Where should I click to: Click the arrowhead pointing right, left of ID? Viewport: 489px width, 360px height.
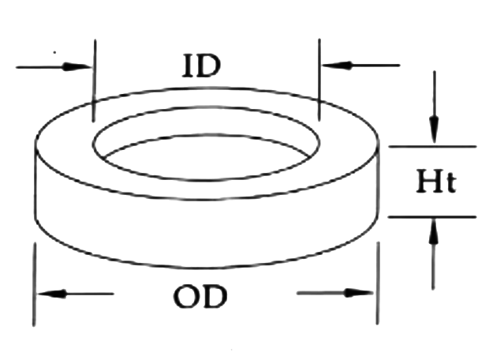(x=84, y=66)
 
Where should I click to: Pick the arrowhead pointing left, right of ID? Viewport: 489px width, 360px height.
(x=330, y=65)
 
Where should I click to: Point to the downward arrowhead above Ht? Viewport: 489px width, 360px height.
(x=433, y=133)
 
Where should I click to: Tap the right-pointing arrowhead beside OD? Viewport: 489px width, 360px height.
(x=364, y=294)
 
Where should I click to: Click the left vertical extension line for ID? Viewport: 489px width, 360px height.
(x=94, y=79)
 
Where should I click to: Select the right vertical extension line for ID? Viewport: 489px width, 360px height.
(x=319, y=79)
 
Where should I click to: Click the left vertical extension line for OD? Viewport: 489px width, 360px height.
(x=35, y=284)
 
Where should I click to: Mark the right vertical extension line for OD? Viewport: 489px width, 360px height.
(x=376, y=284)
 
